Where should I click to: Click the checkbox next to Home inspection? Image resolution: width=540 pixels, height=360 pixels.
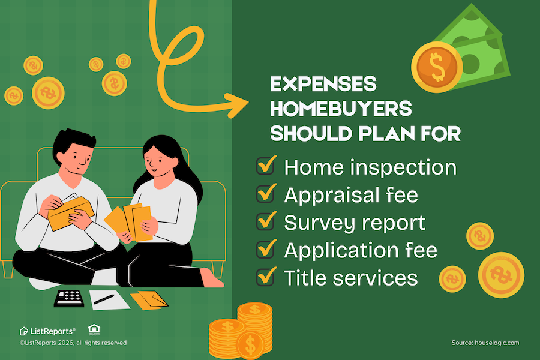266,166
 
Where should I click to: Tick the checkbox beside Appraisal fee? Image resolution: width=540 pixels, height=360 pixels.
266,194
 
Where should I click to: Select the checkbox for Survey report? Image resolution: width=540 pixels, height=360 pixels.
266,221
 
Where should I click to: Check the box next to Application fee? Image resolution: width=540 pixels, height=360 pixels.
266,249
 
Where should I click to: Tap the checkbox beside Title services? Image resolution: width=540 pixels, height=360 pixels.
266,277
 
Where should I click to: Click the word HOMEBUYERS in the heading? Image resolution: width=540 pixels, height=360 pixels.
341,109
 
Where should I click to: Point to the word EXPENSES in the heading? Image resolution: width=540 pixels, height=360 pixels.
323,84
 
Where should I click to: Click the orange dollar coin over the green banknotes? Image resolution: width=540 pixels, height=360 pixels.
437,67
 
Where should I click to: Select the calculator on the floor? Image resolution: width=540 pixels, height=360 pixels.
69,298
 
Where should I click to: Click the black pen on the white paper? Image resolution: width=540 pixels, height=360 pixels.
104,299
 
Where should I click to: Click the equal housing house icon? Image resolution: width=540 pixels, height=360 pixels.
94,329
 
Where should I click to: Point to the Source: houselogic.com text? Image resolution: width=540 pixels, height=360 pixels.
485,343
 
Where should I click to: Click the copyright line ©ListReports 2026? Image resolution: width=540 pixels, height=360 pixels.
73,343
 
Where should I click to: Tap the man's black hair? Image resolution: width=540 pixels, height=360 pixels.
73,141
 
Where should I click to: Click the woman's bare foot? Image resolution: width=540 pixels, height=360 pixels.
211,278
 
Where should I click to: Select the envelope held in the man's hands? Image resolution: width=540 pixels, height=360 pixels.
71,213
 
